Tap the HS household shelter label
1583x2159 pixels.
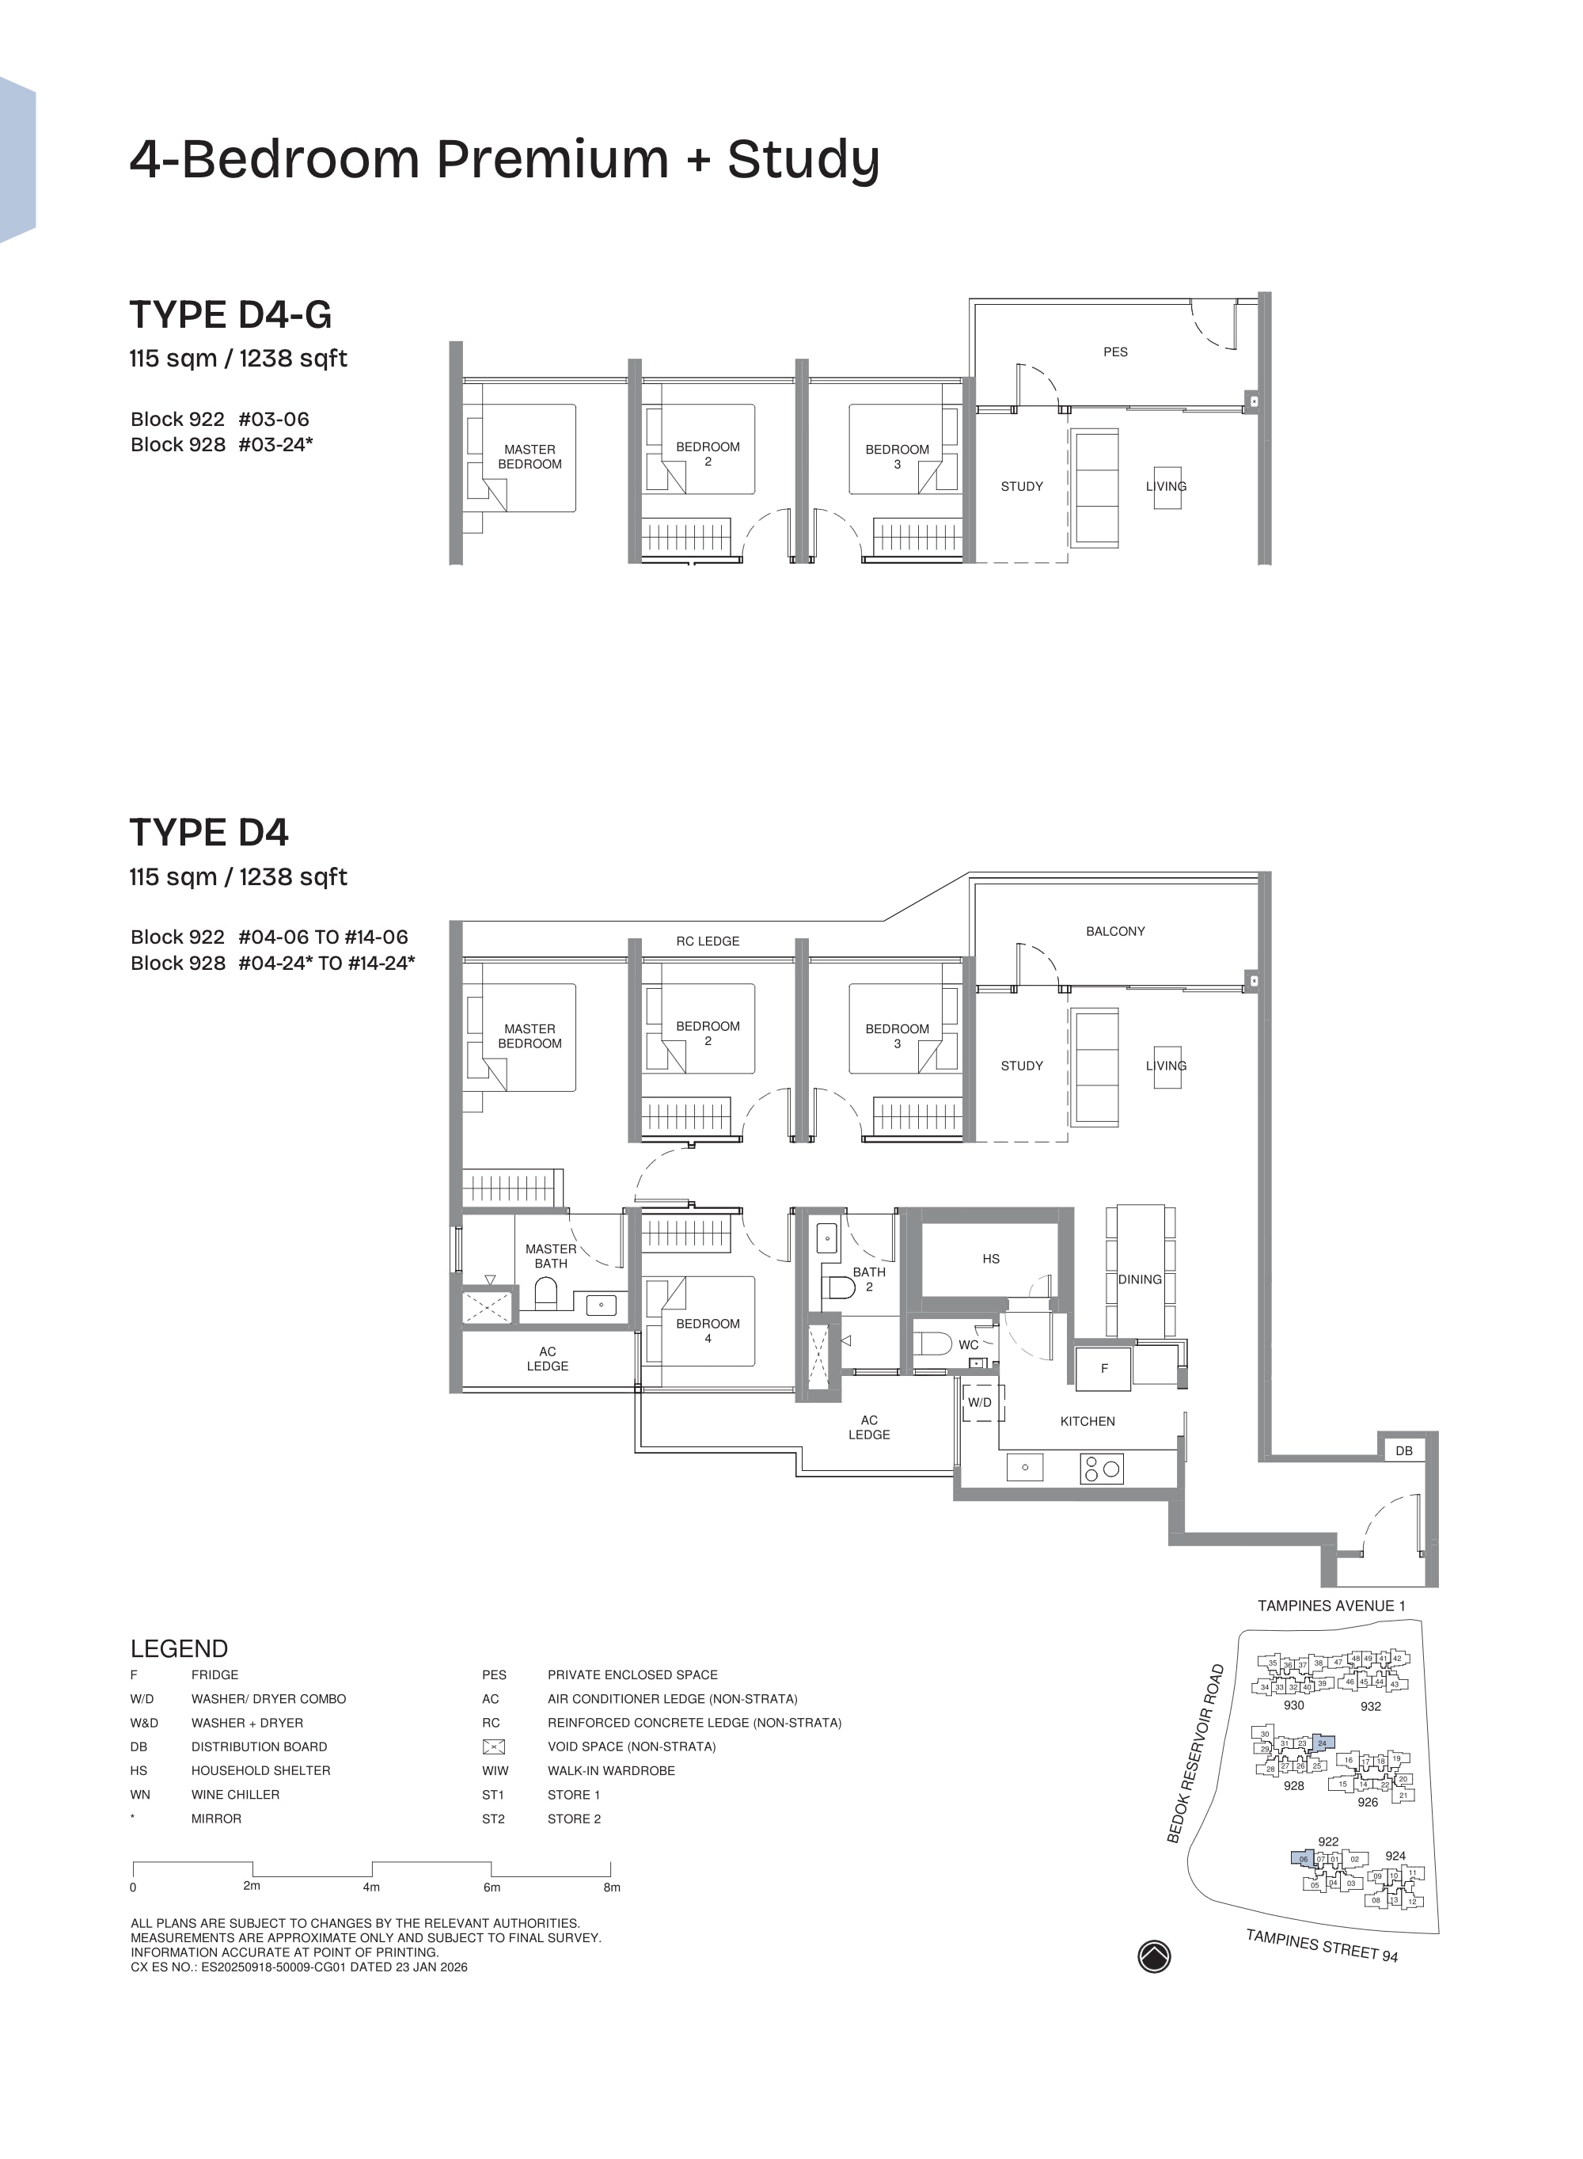pos(991,1258)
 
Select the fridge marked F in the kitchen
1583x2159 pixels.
pos(1104,1368)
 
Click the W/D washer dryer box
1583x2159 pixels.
pos(979,1402)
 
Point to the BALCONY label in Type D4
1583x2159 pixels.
pos(1114,930)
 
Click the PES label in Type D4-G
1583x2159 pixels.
pos(1114,352)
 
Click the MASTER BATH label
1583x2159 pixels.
pos(550,1256)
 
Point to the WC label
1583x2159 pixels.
pos(968,1344)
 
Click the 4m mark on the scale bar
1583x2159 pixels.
pos(372,1886)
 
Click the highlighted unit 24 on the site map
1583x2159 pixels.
pos(1323,1743)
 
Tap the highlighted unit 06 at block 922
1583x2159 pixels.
pos(1302,1859)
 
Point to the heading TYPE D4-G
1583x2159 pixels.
pos(230,314)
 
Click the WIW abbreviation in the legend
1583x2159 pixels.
pos(495,1770)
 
